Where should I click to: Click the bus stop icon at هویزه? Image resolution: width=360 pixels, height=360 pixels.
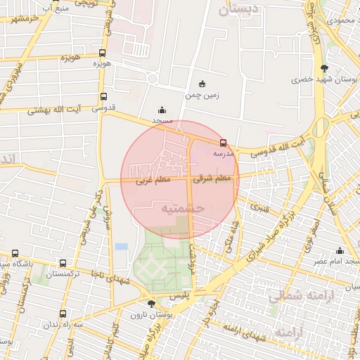tap(103, 53)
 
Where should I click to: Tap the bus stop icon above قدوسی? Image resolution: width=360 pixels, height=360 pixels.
tap(104, 97)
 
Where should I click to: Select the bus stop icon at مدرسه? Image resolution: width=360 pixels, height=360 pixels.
tap(224, 142)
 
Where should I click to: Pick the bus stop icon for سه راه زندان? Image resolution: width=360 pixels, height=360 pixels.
tap(64, 314)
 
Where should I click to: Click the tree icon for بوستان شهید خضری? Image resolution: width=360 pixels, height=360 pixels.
tap(323, 68)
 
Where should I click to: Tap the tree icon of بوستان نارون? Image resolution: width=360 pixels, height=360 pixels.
tap(151, 304)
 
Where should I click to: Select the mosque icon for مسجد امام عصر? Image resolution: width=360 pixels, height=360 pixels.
tap(340, 251)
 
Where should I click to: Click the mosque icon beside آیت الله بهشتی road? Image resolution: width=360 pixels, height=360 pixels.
tap(163, 110)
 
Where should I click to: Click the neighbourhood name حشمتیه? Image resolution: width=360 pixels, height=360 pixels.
tap(182, 208)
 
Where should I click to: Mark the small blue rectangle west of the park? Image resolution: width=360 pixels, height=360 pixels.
tap(122, 247)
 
